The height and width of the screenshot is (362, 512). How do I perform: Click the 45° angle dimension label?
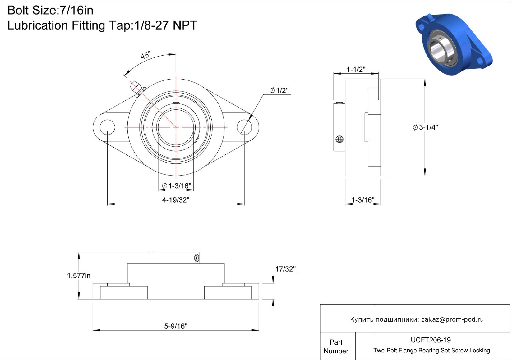(145, 55)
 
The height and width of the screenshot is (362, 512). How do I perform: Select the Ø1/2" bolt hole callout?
(279, 90)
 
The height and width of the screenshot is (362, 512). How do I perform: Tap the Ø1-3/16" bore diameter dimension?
(177, 186)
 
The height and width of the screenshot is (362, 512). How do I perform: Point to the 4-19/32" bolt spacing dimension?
(176, 200)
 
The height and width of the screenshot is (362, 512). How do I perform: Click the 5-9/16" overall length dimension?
(176, 326)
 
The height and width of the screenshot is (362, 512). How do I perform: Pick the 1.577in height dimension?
(79, 276)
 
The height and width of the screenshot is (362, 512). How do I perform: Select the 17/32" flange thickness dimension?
(285, 269)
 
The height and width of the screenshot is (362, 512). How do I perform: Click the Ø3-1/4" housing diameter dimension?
(425, 127)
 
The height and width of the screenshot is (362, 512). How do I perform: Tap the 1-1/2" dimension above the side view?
(356, 70)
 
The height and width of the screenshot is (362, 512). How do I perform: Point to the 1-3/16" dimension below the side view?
(363, 200)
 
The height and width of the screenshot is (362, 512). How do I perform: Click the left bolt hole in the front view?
(108, 127)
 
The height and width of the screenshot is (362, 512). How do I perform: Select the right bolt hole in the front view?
(244, 127)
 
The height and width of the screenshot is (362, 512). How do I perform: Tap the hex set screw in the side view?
(339, 139)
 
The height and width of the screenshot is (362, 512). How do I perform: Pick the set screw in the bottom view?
(197, 258)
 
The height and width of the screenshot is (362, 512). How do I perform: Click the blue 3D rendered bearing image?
(454, 44)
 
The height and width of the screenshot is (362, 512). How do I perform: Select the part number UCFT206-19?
(431, 340)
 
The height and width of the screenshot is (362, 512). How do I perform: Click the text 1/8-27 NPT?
(166, 25)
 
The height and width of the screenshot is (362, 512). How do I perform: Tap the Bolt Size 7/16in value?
(76, 10)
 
